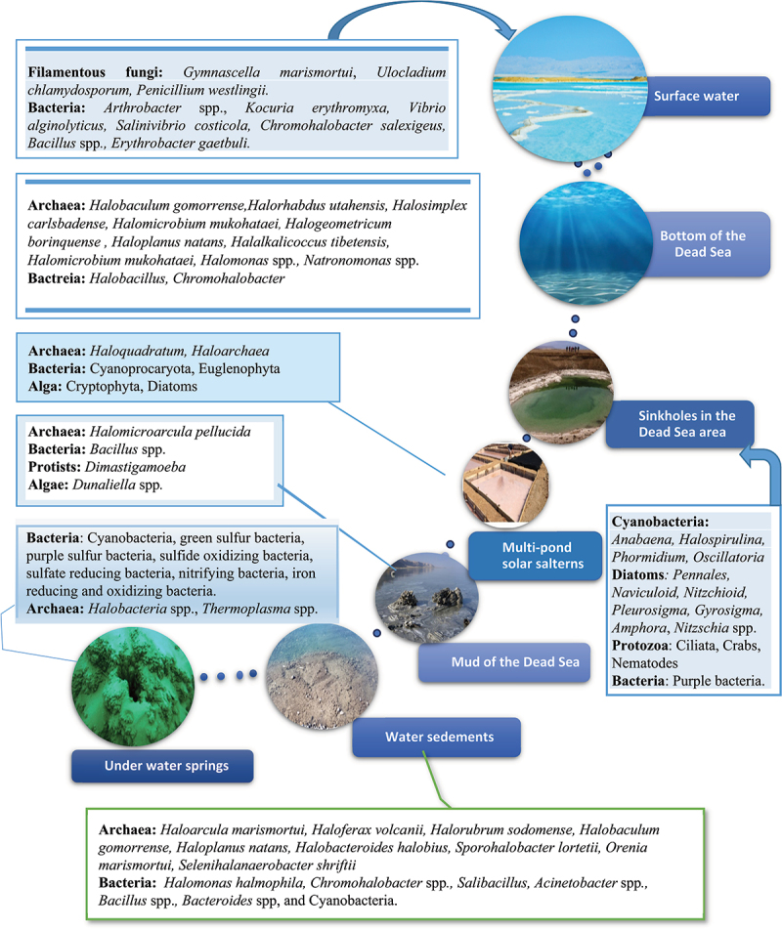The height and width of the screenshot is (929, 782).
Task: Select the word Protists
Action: (x=60, y=467)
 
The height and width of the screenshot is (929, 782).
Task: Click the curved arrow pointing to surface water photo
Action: (x=411, y=29)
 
